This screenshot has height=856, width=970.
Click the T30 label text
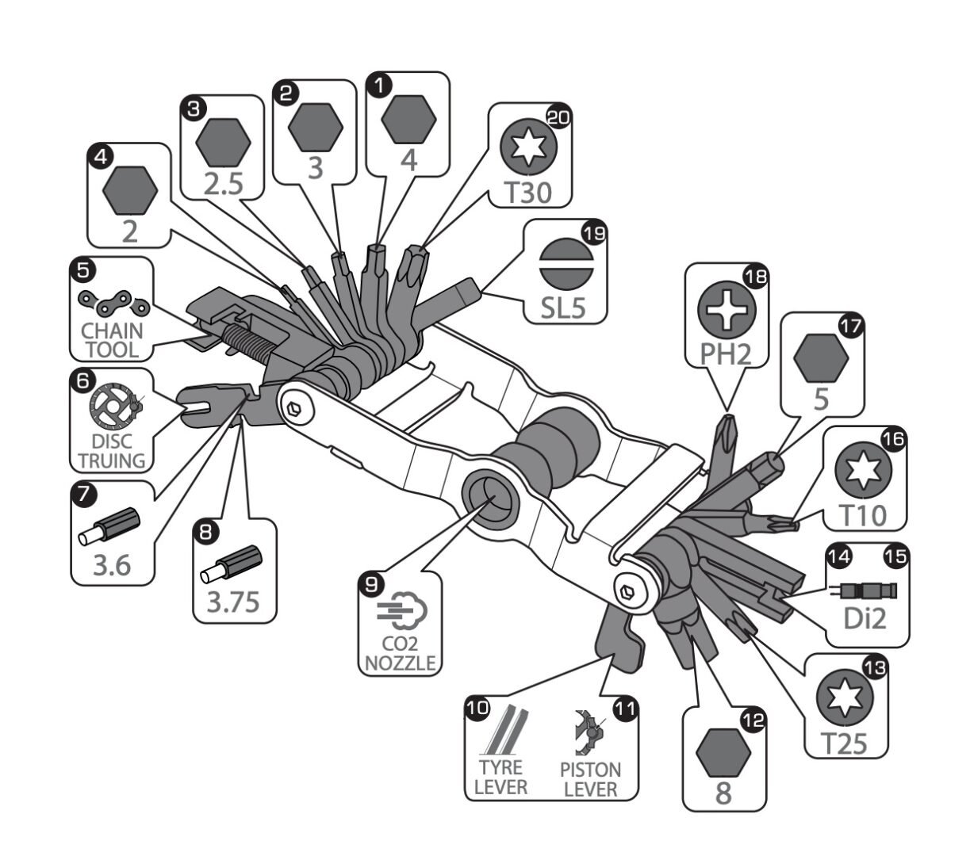(528, 193)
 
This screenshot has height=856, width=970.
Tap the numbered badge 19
(594, 233)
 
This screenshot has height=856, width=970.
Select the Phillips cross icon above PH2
(727, 310)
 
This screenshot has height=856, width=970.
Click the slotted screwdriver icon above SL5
(566, 264)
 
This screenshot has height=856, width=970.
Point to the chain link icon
(114, 303)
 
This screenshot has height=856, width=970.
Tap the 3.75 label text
(233, 602)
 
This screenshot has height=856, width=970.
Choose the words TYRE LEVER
(500, 777)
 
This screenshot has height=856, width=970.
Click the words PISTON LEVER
(590, 779)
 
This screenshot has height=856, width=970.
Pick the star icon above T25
(845, 697)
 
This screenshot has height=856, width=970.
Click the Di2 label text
(865, 618)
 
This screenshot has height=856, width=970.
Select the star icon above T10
(863, 470)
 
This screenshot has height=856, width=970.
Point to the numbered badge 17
(851, 327)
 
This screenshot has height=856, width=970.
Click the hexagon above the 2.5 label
(223, 143)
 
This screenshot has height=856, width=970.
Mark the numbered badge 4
(101, 157)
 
